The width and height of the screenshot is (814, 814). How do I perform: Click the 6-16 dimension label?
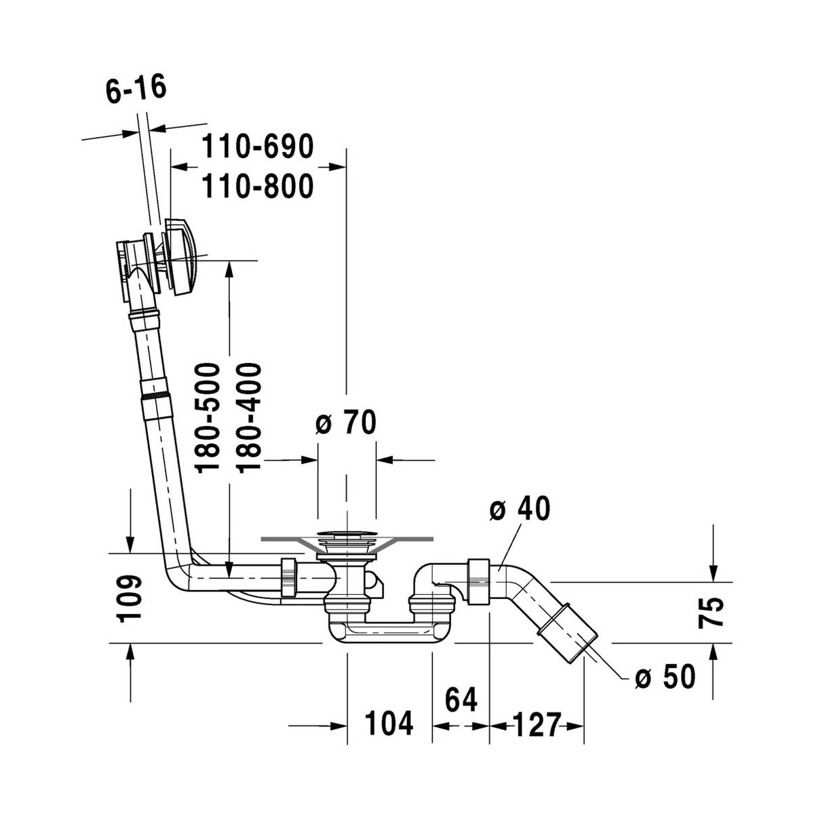[x=136, y=89]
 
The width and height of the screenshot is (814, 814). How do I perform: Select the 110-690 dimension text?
[x=258, y=146]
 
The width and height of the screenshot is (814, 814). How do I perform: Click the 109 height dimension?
[x=130, y=598]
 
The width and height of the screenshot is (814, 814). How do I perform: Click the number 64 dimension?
[x=461, y=699]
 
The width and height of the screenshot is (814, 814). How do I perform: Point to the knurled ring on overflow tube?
[x=155, y=395]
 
